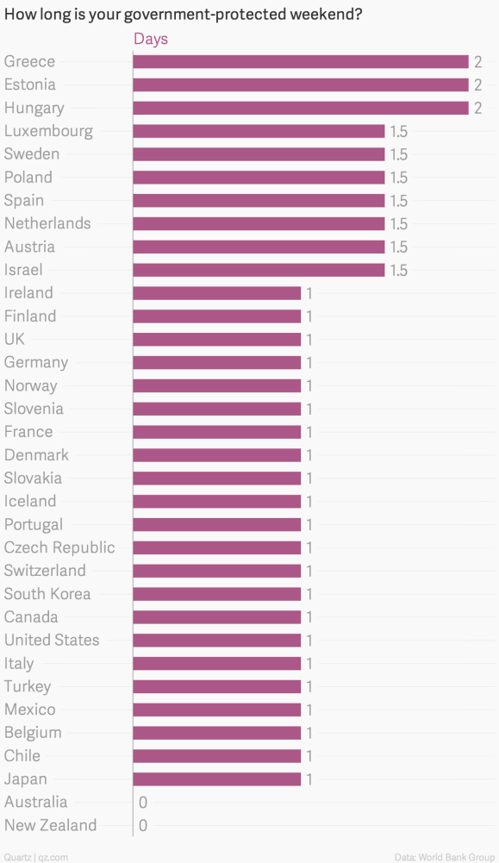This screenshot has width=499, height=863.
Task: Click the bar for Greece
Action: click(x=300, y=62)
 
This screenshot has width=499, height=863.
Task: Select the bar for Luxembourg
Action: click(x=259, y=131)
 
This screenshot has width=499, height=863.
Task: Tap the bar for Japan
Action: click(x=216, y=779)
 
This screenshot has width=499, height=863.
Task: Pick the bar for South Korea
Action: click(x=216, y=594)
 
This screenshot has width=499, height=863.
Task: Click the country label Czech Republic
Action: click(x=59, y=547)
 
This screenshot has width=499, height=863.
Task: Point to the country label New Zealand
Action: click(x=50, y=825)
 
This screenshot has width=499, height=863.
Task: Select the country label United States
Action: click(x=52, y=640)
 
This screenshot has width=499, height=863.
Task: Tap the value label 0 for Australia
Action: click(x=143, y=803)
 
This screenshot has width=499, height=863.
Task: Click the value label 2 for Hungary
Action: click(x=477, y=109)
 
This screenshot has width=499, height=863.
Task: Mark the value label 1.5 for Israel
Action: click(x=398, y=270)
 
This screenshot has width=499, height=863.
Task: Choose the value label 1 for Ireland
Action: click(x=309, y=293)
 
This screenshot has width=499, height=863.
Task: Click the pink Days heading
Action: click(x=151, y=40)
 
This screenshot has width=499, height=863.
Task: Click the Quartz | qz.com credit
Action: click(x=35, y=856)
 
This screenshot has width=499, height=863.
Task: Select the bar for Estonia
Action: click(x=300, y=85)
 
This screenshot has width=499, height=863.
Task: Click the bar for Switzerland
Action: click(x=216, y=571)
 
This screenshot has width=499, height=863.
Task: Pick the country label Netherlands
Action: click(x=47, y=223)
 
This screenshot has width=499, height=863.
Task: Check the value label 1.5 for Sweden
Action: click(x=398, y=154)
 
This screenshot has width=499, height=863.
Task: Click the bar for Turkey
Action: click(x=216, y=686)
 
